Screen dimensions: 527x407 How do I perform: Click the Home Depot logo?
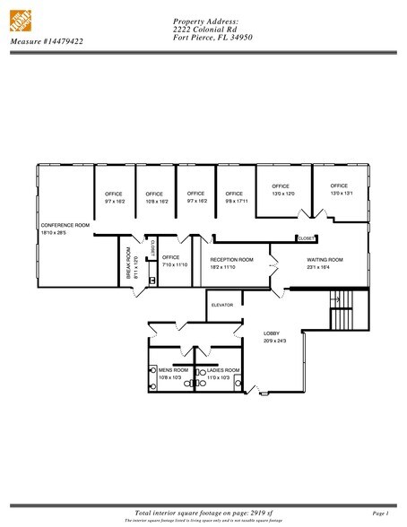21,19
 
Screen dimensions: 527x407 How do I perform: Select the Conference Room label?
65,225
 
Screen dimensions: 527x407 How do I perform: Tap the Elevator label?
222,305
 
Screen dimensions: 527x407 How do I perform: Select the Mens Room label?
169,370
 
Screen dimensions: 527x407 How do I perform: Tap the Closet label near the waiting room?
307,238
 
